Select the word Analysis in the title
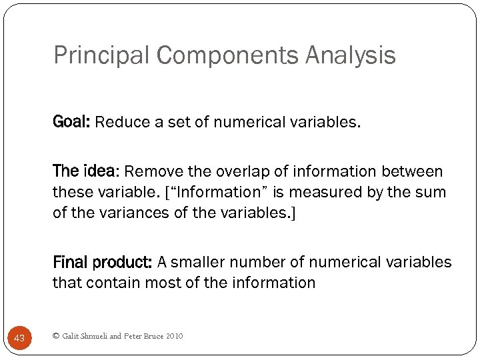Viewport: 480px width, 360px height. click(351, 55)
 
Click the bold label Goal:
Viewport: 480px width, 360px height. click(72, 122)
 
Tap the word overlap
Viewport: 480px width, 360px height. click(235, 171)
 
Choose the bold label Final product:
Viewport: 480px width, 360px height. click(103, 262)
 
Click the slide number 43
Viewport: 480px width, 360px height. click(19, 339)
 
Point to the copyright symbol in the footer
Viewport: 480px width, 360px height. click(55, 336)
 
